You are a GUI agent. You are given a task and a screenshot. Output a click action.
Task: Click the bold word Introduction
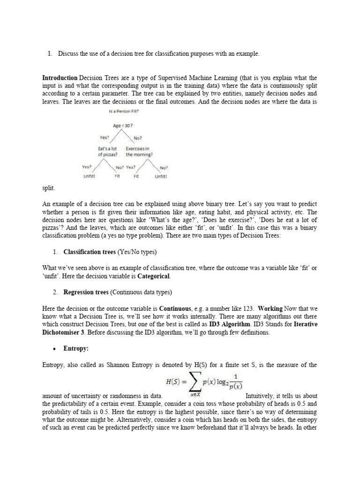(60, 78)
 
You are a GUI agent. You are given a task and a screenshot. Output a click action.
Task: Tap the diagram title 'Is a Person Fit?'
(124, 111)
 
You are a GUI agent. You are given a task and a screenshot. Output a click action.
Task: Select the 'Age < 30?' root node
(123, 126)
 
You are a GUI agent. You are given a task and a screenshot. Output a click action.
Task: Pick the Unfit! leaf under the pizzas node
(89, 177)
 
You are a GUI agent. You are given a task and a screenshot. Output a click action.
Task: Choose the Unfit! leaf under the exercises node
(161, 177)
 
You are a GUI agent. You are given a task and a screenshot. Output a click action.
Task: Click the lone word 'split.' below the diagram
(48, 188)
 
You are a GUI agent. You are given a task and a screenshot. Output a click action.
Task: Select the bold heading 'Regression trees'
(85, 292)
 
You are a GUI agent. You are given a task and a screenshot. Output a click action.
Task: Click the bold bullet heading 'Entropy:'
(75, 348)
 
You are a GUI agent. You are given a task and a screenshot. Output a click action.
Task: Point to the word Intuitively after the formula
(264, 396)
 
